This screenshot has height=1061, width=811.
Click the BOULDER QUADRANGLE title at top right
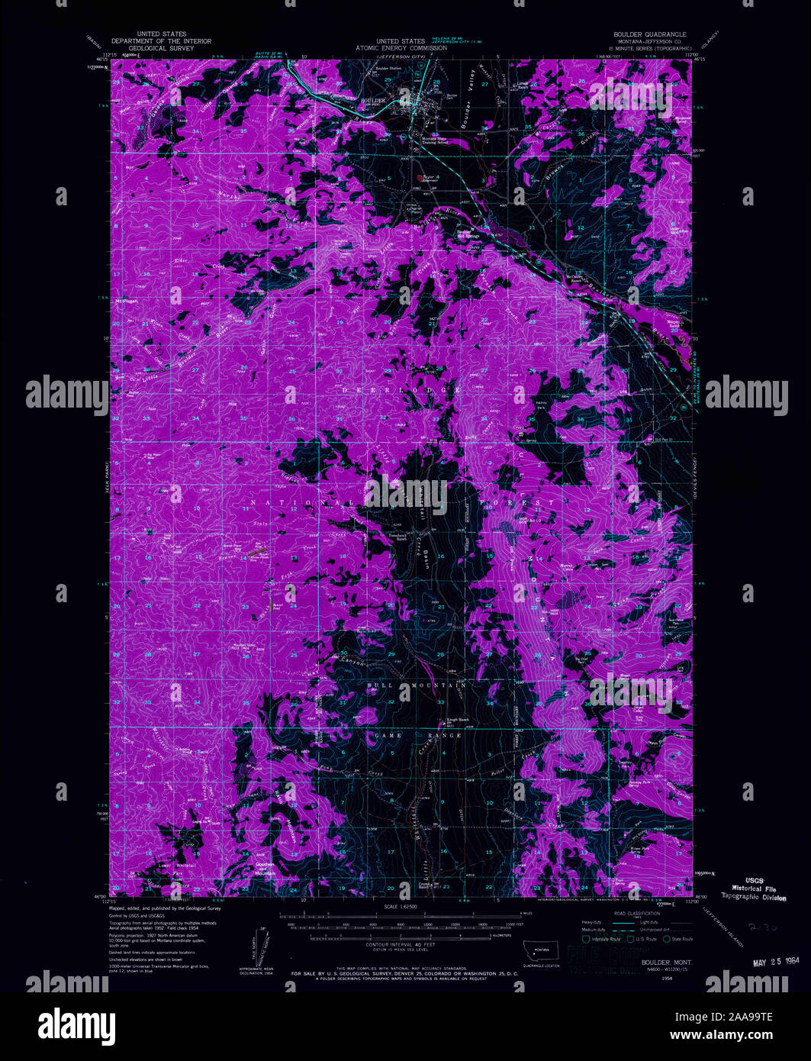click(650, 34)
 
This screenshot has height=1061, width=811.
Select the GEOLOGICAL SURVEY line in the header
click(161, 47)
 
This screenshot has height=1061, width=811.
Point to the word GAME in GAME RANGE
click(388, 735)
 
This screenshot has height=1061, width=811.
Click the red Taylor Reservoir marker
click(418, 180)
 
